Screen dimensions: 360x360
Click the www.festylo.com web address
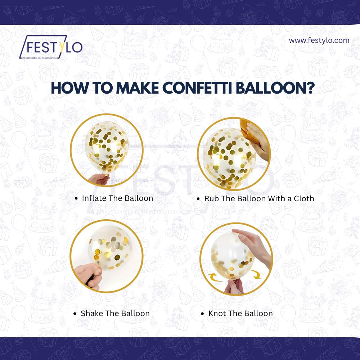pos(319,40)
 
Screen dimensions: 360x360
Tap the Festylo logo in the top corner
pos(51,47)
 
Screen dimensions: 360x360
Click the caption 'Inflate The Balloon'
pos(117,198)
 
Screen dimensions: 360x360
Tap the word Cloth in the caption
pos(304,199)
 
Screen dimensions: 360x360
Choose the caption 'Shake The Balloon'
pos(115,314)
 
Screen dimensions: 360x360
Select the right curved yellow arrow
pos(256,274)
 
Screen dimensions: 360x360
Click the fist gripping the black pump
pos(89,275)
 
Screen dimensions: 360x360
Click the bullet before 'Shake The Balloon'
pos(75,314)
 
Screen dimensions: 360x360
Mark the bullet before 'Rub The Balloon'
pos(198,199)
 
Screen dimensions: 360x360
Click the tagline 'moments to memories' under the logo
pos(40,58)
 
